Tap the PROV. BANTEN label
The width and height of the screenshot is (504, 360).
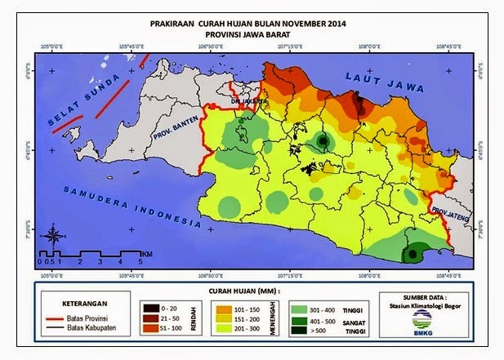(176, 138)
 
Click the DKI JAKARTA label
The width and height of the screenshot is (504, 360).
(243, 101)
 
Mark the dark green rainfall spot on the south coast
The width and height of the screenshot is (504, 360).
(412, 256)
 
